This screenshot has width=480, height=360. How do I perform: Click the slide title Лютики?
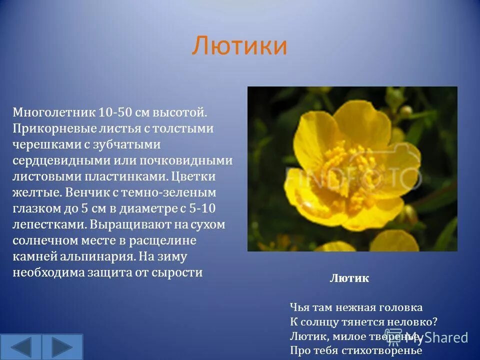tap(239, 46)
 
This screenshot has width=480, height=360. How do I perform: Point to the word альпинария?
tap(95, 256)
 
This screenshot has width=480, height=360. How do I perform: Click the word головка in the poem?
tap(400, 307)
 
